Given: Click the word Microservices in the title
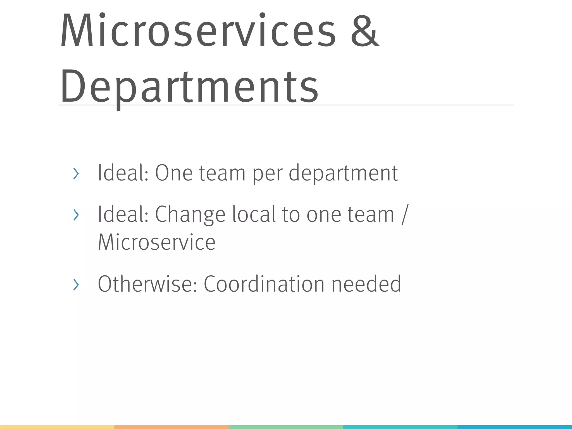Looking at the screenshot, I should click(x=198, y=31).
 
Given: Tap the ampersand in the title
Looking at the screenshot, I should click(x=364, y=31).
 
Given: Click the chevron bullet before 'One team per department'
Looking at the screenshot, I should click(x=76, y=174).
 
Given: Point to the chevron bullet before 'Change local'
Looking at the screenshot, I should click(x=76, y=215).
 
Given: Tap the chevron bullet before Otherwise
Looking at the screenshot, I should click(x=76, y=285).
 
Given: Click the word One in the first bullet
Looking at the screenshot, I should click(x=173, y=173).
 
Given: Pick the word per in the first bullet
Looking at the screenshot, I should click(x=267, y=175).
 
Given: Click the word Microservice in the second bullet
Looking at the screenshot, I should click(x=156, y=242).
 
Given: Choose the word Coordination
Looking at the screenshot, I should click(x=264, y=284).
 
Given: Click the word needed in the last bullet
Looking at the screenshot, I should click(x=366, y=284).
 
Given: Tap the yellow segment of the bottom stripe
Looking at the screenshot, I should click(x=57, y=427).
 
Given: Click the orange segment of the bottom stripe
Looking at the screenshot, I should click(x=171, y=427).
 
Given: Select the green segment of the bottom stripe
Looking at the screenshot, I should click(x=286, y=427).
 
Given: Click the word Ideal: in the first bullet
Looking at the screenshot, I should click(x=123, y=173).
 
